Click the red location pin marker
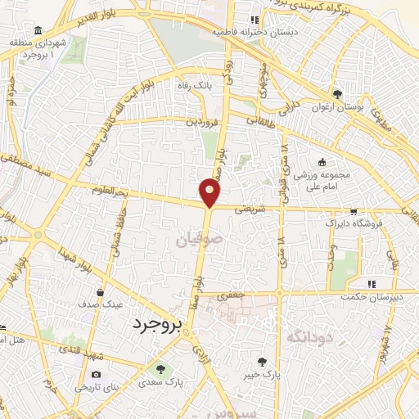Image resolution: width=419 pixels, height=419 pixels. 210,191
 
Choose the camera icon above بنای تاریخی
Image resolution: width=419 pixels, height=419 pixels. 96,374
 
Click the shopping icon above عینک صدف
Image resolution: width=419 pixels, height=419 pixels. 101,291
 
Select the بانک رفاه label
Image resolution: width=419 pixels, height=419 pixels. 196,84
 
